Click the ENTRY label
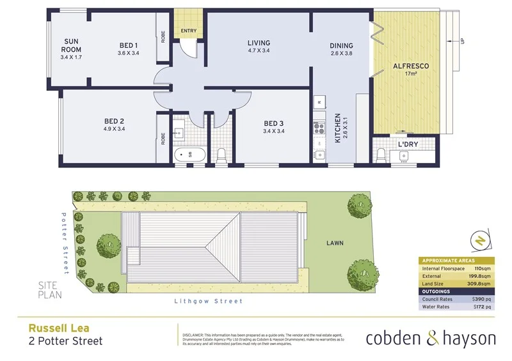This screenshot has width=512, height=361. (x=189, y=31)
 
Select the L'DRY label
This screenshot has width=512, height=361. (x=408, y=144)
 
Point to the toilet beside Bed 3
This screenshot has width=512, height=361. (x=222, y=155)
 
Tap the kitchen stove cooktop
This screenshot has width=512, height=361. (x=319, y=130)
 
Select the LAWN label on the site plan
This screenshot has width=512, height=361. (x=335, y=243)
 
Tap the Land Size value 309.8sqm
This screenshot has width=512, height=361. (x=479, y=283)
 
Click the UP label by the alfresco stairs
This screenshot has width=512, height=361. (x=461, y=42)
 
